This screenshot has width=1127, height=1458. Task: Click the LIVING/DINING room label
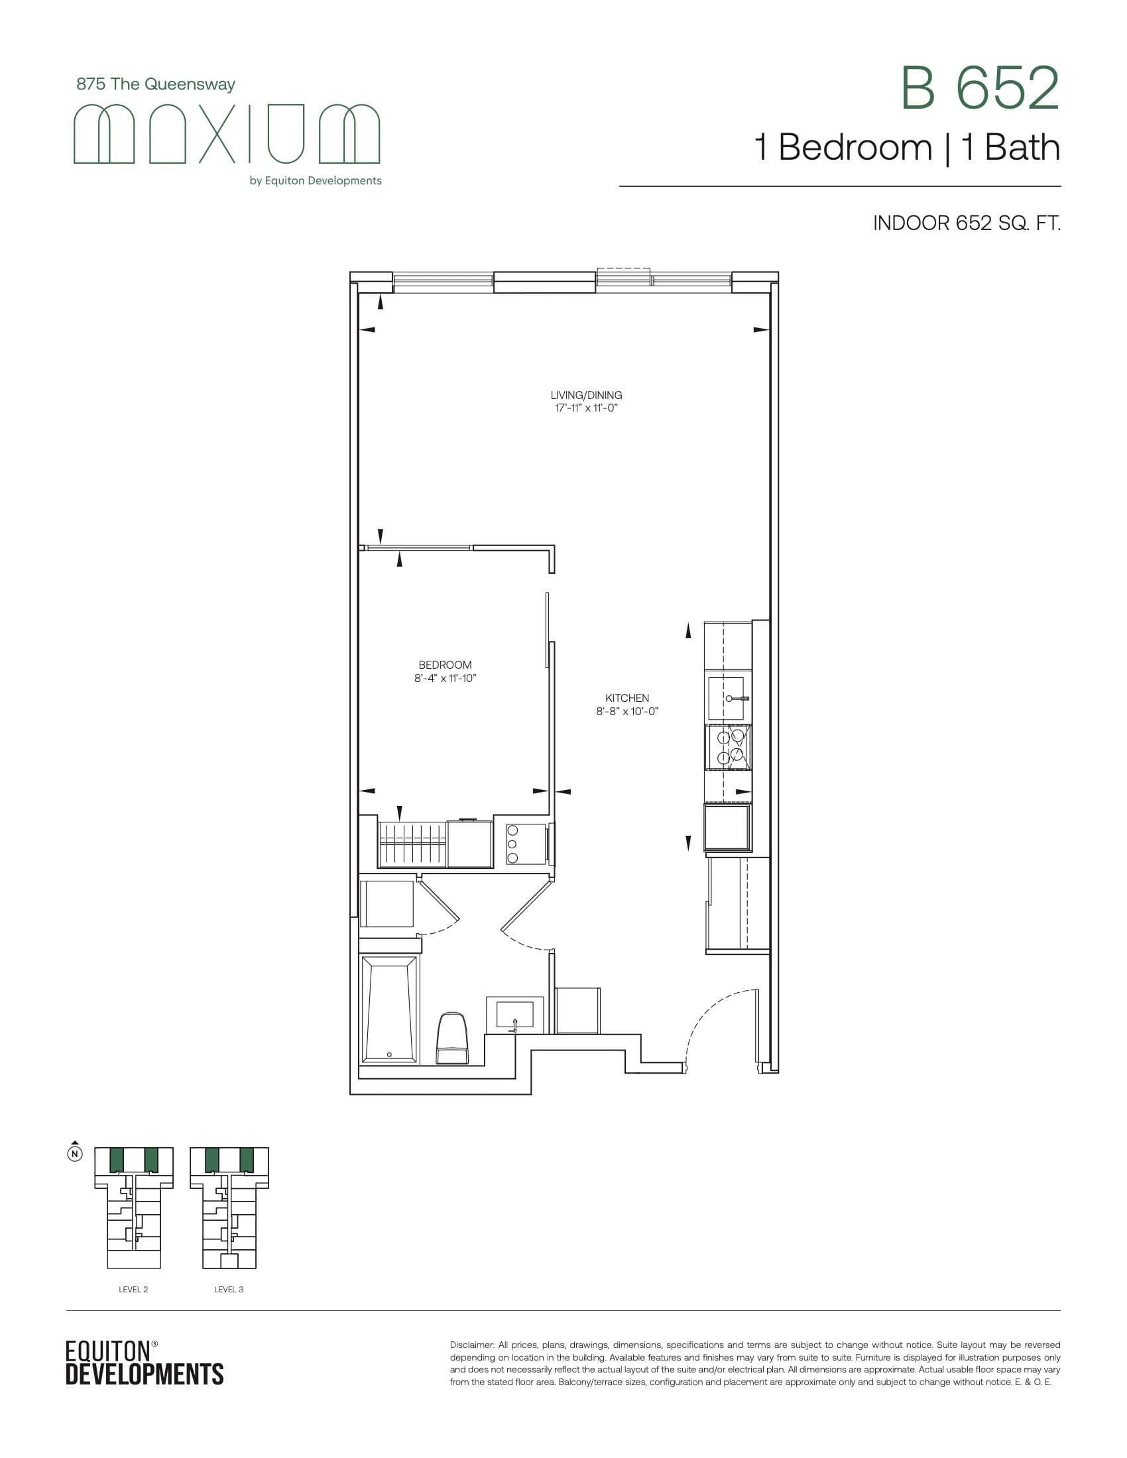586,395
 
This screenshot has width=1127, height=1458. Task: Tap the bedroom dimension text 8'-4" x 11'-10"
445,678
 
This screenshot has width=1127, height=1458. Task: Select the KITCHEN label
627,698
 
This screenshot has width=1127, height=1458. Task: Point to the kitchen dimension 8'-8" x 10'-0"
627,712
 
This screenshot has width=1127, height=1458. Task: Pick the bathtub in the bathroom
389,1009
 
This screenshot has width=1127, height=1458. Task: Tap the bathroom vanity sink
514,1015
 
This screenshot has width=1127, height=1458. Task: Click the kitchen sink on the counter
727,699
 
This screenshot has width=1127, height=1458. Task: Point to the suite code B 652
979,88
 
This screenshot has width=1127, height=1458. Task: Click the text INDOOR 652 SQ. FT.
966,223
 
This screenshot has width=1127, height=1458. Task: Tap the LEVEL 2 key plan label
133,1289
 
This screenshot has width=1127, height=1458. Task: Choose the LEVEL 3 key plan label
228,1289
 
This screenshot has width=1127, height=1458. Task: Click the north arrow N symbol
76,1154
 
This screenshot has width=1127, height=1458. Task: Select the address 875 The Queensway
156,84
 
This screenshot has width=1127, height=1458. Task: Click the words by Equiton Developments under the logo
315,181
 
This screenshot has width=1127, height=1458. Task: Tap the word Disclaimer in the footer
471,1345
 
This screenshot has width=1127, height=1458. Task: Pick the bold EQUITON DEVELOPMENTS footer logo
145,1363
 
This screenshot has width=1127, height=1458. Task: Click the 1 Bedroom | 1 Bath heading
907,148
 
